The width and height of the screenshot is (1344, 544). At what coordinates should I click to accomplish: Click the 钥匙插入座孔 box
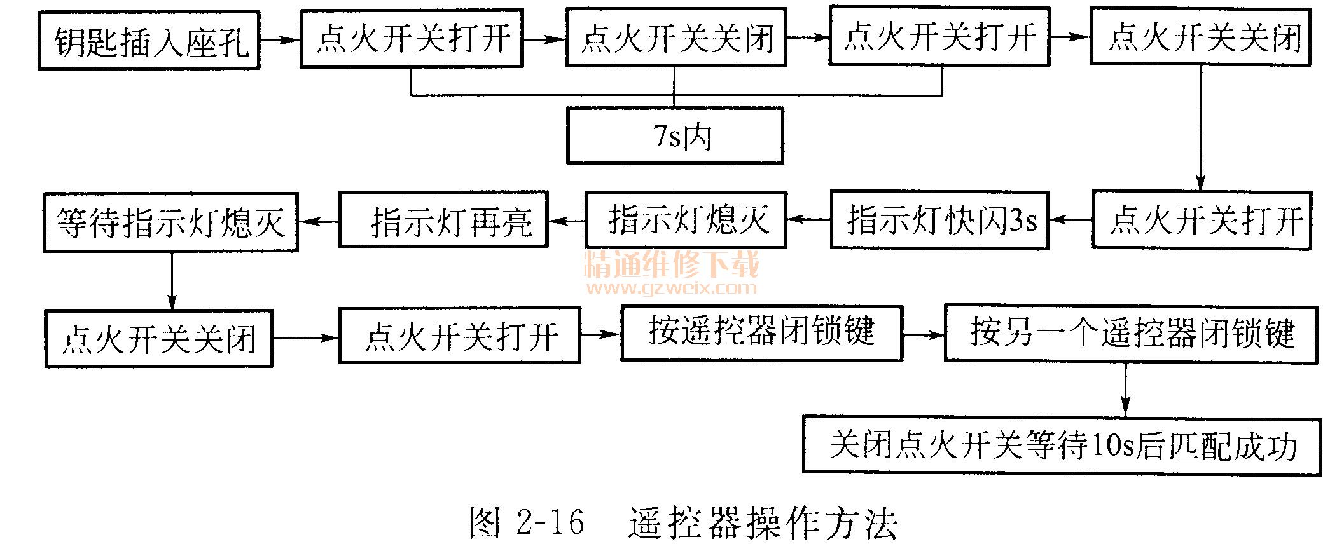pos(149,41)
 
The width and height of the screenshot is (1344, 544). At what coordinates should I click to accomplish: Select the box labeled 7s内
pos(675,136)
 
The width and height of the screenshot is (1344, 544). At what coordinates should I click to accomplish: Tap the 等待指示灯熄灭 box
pos(170,222)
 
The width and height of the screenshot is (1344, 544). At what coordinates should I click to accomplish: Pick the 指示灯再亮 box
pos(444,220)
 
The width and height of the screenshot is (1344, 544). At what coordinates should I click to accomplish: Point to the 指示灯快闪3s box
pos(939,220)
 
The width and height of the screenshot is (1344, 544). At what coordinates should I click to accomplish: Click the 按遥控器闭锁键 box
pos(761,333)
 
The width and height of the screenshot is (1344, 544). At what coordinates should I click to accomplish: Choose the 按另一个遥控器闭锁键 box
pos(1130,334)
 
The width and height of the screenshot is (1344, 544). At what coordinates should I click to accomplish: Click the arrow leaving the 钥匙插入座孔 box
pos(280,40)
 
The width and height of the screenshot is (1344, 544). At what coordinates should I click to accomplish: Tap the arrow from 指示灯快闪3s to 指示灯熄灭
pos(808,220)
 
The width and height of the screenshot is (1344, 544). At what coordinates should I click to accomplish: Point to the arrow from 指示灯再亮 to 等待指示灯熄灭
pos(319,221)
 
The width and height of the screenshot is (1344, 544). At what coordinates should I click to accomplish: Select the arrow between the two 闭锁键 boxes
pos(924,334)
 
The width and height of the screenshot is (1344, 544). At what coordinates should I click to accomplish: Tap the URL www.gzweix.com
pos(671,289)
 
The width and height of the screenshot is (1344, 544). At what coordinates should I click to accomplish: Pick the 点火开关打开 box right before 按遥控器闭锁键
pos(460,336)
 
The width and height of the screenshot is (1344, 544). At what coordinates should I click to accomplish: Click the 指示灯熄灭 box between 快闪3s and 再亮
pos(686,220)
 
